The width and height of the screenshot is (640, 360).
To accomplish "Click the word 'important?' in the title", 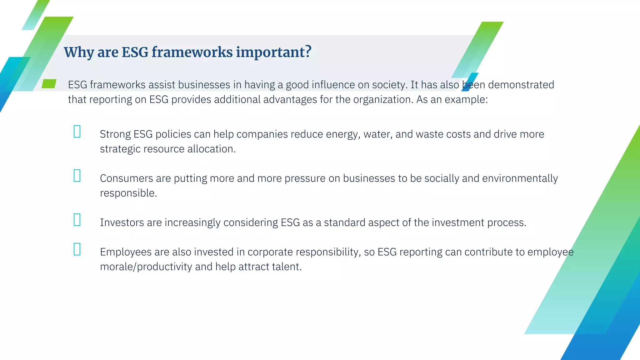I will point(273,52).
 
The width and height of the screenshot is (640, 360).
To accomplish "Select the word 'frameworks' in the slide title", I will point(192,52).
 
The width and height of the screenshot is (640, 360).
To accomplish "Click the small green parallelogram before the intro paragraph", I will point(49,84).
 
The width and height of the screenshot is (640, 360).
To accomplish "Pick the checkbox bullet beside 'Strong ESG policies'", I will point(77,132).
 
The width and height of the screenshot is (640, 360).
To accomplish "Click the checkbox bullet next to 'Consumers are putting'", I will point(77,176).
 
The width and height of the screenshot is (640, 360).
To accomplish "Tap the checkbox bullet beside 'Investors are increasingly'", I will point(77,220).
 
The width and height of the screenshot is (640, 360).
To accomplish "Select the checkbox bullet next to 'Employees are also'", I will point(77,249).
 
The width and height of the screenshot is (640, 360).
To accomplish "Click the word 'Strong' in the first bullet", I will point(115,134).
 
